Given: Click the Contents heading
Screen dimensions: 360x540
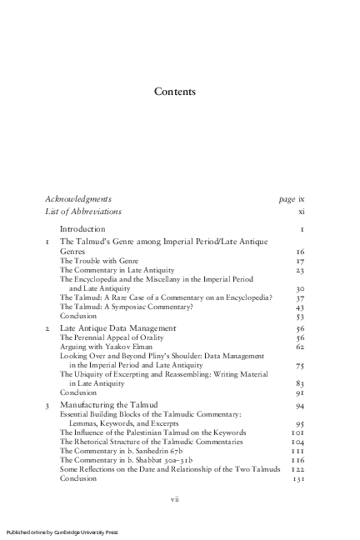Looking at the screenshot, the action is [175, 92].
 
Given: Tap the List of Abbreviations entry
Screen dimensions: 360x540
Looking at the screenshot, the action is [83, 212].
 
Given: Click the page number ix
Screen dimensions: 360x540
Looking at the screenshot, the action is [301, 199].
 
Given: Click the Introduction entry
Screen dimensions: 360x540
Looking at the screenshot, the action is [82, 228].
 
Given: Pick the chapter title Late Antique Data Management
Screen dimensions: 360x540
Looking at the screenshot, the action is [117, 328].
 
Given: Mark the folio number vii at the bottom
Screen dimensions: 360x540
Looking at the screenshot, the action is [175, 499].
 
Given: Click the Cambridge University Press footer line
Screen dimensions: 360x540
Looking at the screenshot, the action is [62, 532].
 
